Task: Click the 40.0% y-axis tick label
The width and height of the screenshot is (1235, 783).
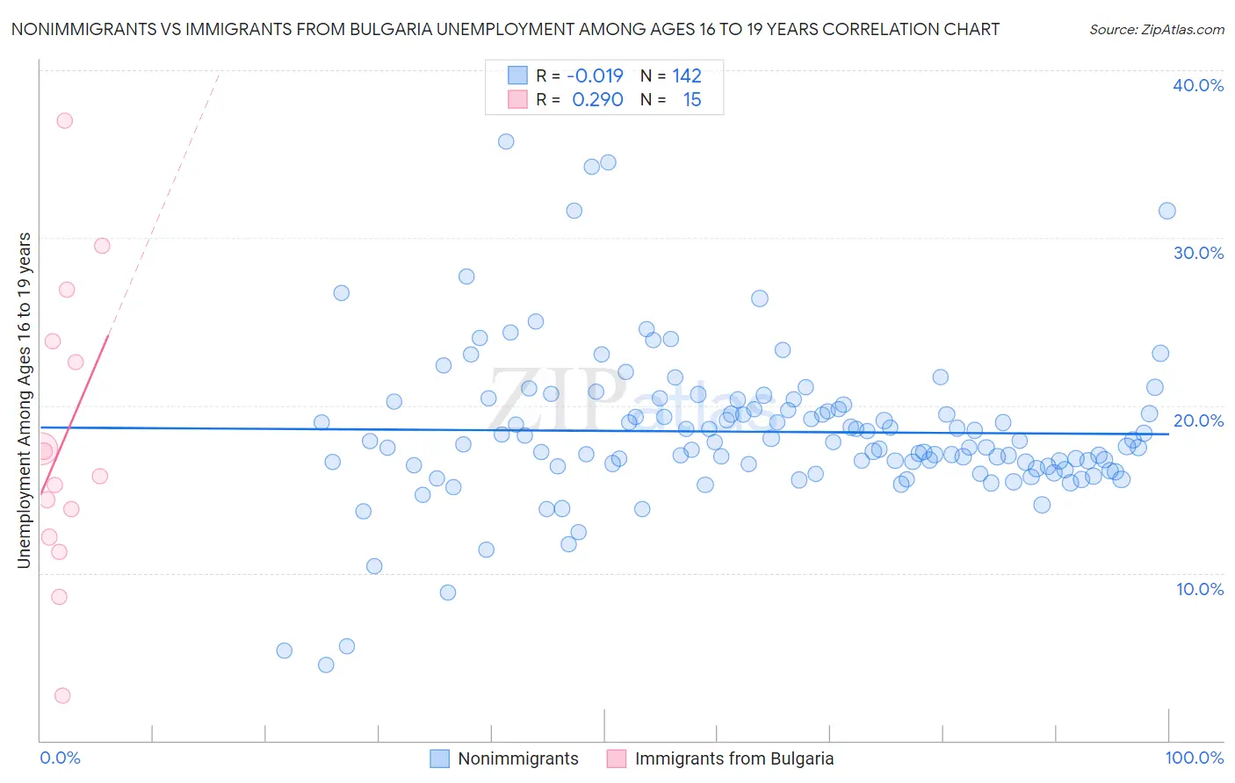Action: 1197,85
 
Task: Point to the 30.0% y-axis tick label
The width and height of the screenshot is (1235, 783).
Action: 1197,253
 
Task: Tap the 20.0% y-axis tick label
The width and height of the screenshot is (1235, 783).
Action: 1197,420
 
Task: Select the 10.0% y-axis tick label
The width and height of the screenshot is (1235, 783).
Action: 1199,589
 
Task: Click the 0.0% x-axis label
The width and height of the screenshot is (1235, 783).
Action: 60,758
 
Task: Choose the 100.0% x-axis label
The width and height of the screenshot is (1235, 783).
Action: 1194,758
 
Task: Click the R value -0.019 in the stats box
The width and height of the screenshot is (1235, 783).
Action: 595,75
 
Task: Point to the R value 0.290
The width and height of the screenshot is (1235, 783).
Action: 597,100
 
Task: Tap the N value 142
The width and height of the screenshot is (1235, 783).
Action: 687,75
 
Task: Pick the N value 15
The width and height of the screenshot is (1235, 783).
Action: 692,100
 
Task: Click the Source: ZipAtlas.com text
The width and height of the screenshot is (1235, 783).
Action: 1156,30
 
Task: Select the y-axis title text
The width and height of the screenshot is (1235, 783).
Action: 24,399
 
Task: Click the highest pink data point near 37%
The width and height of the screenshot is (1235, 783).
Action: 64,121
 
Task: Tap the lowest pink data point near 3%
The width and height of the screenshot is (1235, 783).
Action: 62,695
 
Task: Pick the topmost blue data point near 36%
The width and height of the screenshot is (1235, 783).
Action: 506,141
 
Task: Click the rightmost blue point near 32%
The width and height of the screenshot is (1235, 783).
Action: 1167,211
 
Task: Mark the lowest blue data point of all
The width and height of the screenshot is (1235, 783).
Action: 326,664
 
